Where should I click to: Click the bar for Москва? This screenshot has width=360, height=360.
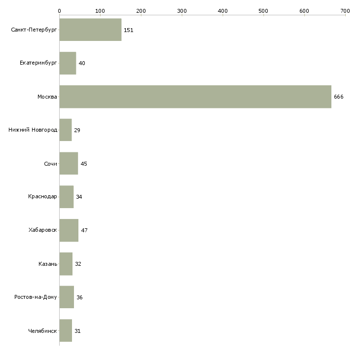[195, 97]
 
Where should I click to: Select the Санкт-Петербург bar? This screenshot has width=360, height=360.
[90, 30]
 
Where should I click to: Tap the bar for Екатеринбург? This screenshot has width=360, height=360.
[68, 63]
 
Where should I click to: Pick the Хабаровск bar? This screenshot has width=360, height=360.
[69, 230]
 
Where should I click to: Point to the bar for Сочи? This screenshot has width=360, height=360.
[69, 164]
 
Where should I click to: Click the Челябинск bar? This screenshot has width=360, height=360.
[66, 330]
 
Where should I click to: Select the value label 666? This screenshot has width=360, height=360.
[338, 97]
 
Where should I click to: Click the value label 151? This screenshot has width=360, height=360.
[128, 30]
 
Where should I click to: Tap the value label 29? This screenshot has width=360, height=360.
[77, 130]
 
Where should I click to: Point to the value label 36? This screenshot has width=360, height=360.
[79, 297]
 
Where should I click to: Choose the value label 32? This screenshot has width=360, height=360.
[78, 264]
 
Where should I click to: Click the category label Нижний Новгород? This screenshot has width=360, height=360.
[33, 130]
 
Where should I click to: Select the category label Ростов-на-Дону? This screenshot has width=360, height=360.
[36, 297]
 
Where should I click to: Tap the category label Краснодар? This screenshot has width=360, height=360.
[42, 197]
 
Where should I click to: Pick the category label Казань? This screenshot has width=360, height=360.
[48, 264]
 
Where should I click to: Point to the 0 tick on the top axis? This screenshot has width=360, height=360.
[59, 10]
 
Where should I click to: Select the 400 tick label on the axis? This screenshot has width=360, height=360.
[223, 10]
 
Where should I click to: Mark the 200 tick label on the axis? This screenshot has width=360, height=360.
[141, 10]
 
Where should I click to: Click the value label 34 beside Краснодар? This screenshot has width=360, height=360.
[79, 197]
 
